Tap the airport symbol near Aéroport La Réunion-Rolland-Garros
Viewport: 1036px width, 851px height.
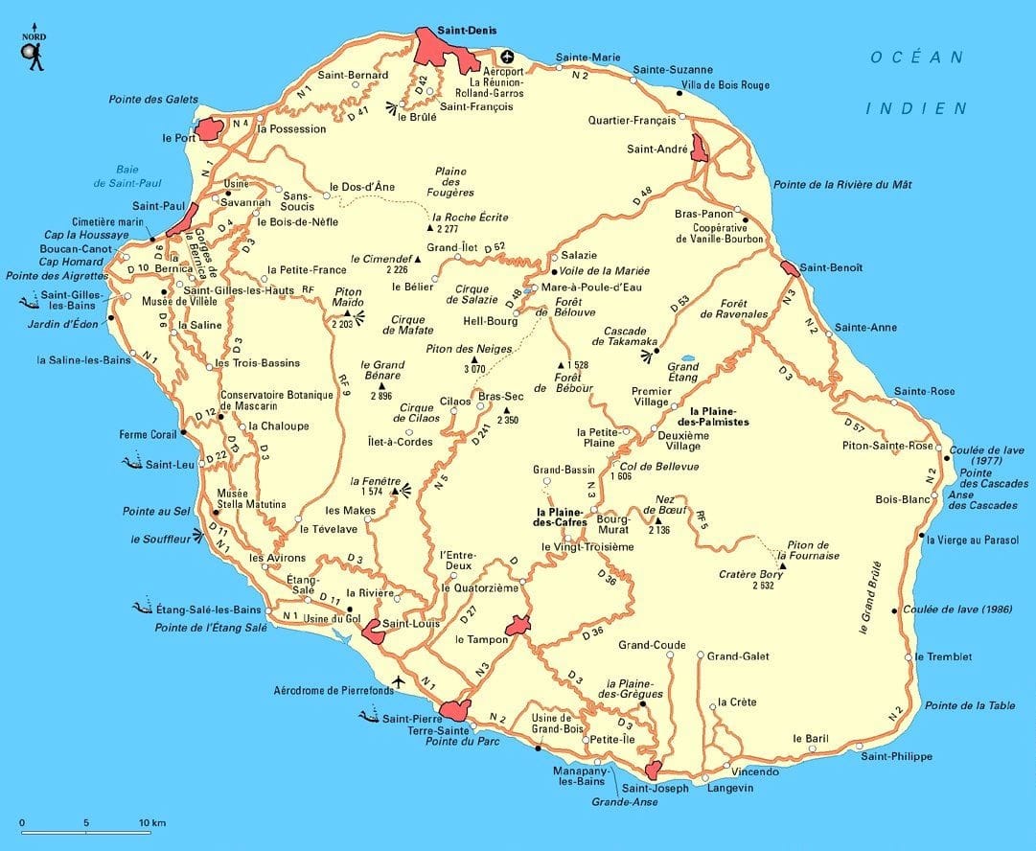[506, 56]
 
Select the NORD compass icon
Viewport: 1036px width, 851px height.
[35, 50]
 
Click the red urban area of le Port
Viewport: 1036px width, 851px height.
[209, 130]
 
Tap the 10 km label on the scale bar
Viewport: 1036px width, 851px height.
[151, 822]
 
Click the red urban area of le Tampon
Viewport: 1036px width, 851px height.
[518, 626]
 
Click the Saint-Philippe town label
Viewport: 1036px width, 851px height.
[895, 756]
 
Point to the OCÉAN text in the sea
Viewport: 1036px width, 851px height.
[916, 57]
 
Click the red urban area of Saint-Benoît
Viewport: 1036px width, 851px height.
[790, 268]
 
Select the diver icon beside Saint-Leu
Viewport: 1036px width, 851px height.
[132, 464]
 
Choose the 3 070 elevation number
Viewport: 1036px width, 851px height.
[475, 368]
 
